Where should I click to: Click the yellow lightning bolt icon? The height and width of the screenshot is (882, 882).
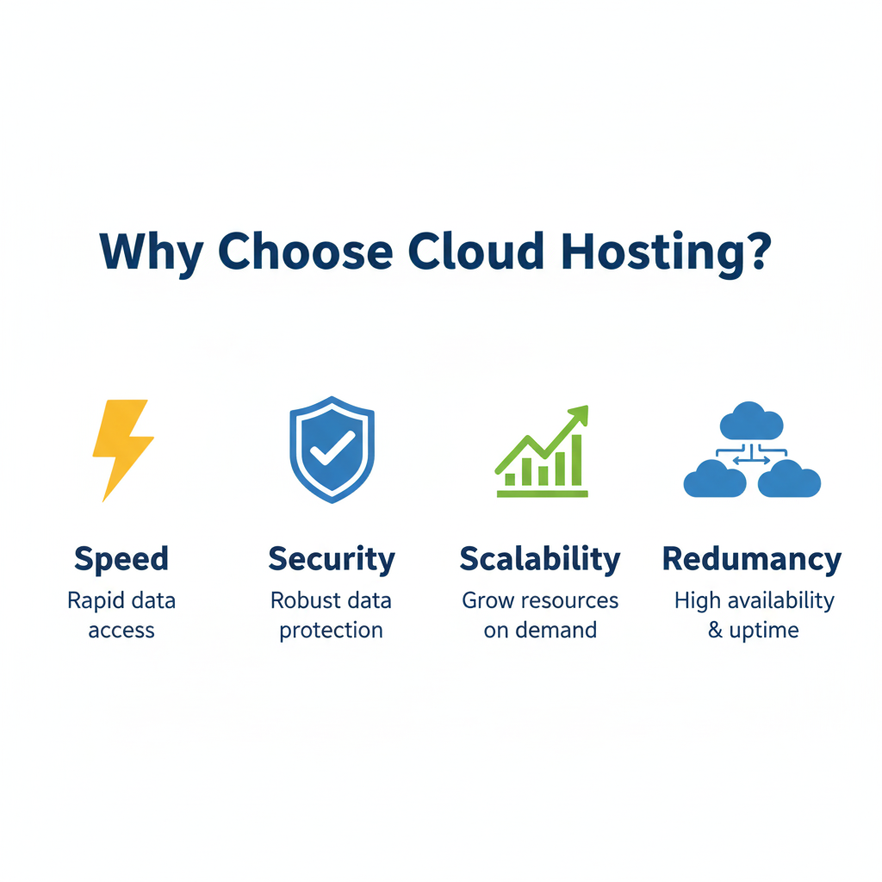click(x=121, y=448)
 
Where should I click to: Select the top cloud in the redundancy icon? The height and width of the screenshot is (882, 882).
click(x=751, y=422)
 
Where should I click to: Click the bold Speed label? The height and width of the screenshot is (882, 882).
click(x=121, y=559)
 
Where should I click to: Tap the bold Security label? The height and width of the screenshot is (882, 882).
click(x=332, y=559)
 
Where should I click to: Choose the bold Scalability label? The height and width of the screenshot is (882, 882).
click(x=540, y=559)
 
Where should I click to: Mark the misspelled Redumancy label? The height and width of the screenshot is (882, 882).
click(x=751, y=559)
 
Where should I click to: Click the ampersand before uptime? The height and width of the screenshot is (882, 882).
click(x=715, y=630)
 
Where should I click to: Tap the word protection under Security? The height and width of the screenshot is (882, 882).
click(x=332, y=631)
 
